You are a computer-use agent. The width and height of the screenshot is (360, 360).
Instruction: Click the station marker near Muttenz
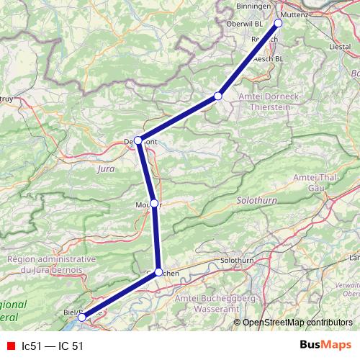click(278, 23)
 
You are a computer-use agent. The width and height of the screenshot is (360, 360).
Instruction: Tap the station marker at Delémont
click(138, 140)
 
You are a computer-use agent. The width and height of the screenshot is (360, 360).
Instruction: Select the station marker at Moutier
click(154, 204)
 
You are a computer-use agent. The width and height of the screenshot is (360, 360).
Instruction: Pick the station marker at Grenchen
click(159, 272)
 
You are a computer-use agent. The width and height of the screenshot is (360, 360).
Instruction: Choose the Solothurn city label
click(238, 258)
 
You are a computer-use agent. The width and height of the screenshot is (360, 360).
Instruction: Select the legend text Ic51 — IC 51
click(53, 346)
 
